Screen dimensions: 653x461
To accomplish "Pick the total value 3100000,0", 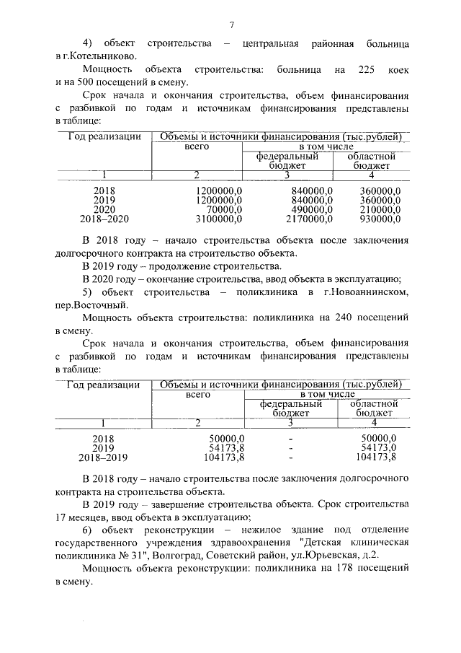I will tap(219, 218).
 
